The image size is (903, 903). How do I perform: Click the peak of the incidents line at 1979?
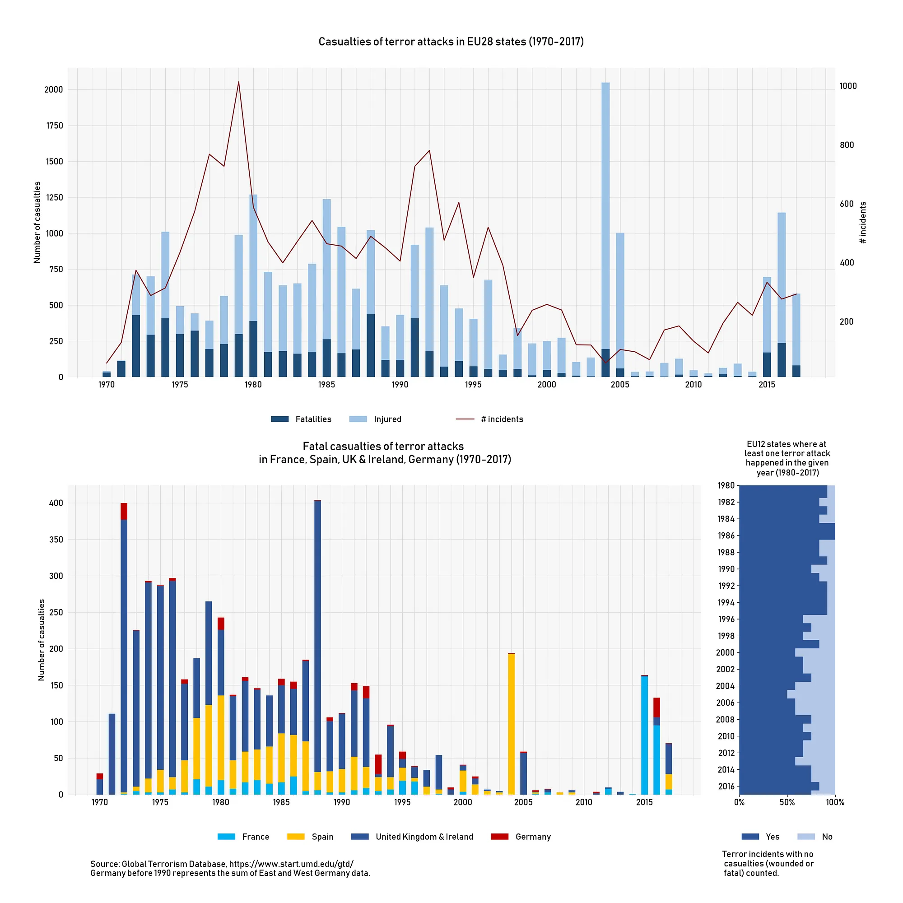[x=239, y=82]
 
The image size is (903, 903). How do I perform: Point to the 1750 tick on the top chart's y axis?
[x=53, y=126]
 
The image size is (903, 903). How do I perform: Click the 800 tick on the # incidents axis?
[x=847, y=145]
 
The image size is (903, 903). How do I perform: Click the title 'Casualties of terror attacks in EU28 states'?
[x=451, y=42]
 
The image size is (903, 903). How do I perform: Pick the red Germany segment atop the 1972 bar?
[x=124, y=512]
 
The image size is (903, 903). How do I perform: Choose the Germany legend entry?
[x=521, y=837]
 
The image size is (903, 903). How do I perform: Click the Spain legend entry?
[x=310, y=837]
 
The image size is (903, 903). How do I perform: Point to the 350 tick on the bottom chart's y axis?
[x=56, y=540]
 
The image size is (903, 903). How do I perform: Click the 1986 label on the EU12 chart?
[x=726, y=535]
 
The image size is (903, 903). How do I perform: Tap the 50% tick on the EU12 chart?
[x=787, y=802]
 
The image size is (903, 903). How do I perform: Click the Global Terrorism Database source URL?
[x=291, y=864]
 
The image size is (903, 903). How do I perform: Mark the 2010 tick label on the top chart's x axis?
[x=693, y=385]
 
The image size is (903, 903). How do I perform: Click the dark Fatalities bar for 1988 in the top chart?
[x=371, y=346]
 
